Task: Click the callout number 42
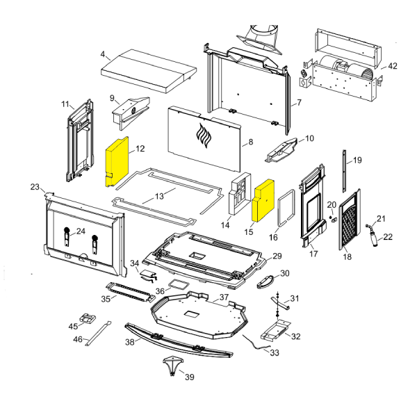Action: click(393, 66)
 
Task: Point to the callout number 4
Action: click(103, 54)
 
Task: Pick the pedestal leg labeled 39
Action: click(170, 365)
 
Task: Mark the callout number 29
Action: click(277, 256)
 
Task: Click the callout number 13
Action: click(160, 196)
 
